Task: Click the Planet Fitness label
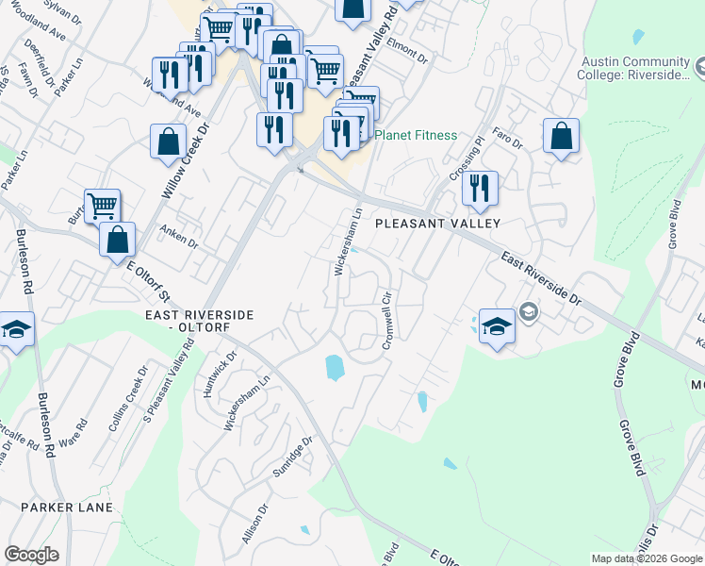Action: (x=416, y=135)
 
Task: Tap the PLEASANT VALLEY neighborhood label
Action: (x=436, y=224)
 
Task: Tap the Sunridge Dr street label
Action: (x=291, y=457)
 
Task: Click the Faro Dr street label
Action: (x=505, y=140)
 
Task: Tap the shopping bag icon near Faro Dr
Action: (x=561, y=136)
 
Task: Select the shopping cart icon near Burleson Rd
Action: (x=102, y=205)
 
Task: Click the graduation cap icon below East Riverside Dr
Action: (x=497, y=326)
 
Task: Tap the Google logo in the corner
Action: (x=31, y=555)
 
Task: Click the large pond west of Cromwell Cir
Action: (x=335, y=366)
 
